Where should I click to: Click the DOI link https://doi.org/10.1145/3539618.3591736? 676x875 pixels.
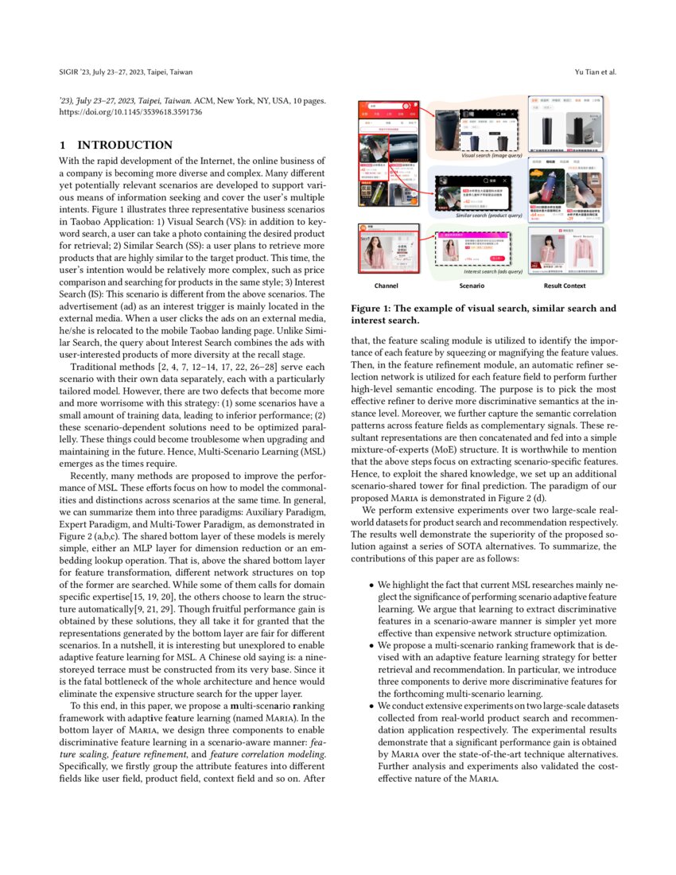click(x=131, y=113)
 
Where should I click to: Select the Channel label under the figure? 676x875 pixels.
click(x=386, y=285)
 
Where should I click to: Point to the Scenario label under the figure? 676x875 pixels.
click(x=472, y=285)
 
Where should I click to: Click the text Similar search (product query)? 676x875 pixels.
click(x=488, y=216)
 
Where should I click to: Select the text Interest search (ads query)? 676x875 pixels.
click(x=492, y=272)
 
